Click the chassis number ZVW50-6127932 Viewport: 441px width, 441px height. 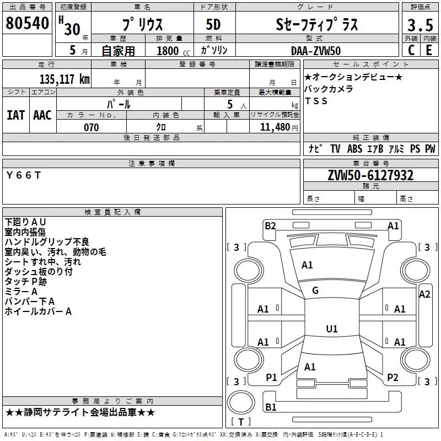coord(370,175)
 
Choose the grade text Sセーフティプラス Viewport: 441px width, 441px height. coord(316,24)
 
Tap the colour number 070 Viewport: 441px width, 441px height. coord(92,127)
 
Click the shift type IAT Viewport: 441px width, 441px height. coord(15,115)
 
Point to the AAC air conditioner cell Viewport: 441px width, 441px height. coord(42,115)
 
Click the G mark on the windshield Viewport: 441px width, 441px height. coord(315,291)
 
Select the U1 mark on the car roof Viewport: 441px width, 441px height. coord(331,329)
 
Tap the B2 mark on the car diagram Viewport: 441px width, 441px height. coord(270,225)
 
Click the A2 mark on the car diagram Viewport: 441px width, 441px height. coord(424,294)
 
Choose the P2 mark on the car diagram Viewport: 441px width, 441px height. coord(392,377)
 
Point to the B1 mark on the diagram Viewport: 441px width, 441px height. coord(271,407)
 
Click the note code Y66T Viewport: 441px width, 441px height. coord(24,175)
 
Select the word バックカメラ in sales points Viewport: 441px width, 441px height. coord(329,89)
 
